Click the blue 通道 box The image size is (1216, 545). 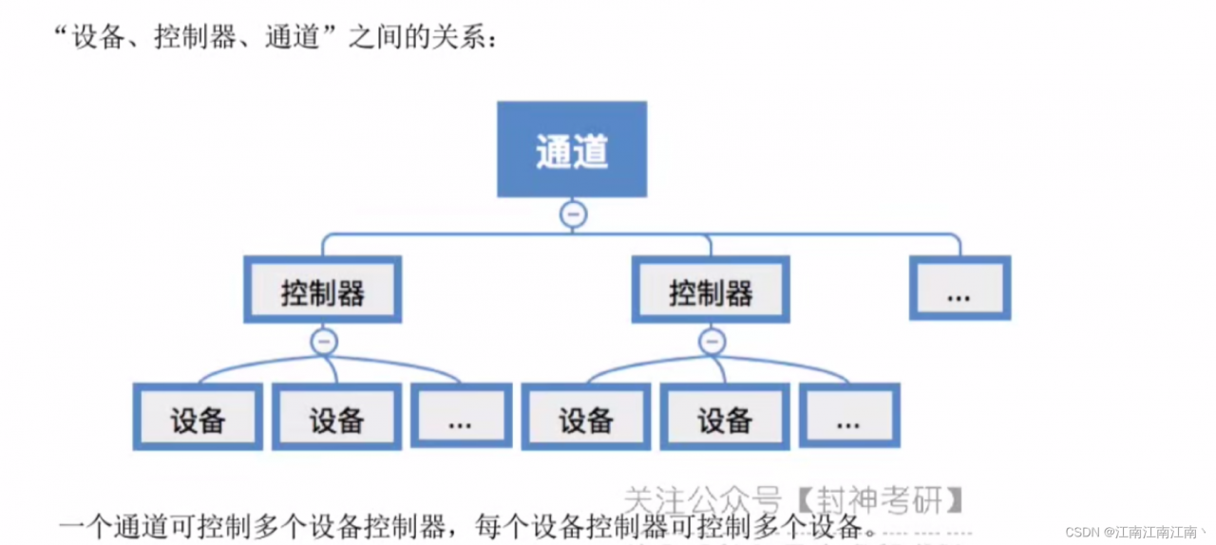(x=572, y=150)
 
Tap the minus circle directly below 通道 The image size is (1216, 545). (x=572, y=215)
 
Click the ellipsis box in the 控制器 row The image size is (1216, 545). (x=959, y=289)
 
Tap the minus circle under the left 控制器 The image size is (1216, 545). (x=324, y=342)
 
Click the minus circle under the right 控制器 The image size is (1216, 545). (x=712, y=342)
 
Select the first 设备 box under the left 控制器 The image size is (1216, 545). (x=198, y=417)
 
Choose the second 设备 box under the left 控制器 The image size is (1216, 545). (x=337, y=417)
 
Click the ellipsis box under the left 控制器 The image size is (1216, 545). (x=461, y=417)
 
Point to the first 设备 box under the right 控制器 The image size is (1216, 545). (x=585, y=417)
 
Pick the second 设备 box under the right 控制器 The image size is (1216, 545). (x=725, y=417)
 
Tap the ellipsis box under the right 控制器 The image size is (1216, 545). (x=848, y=417)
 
